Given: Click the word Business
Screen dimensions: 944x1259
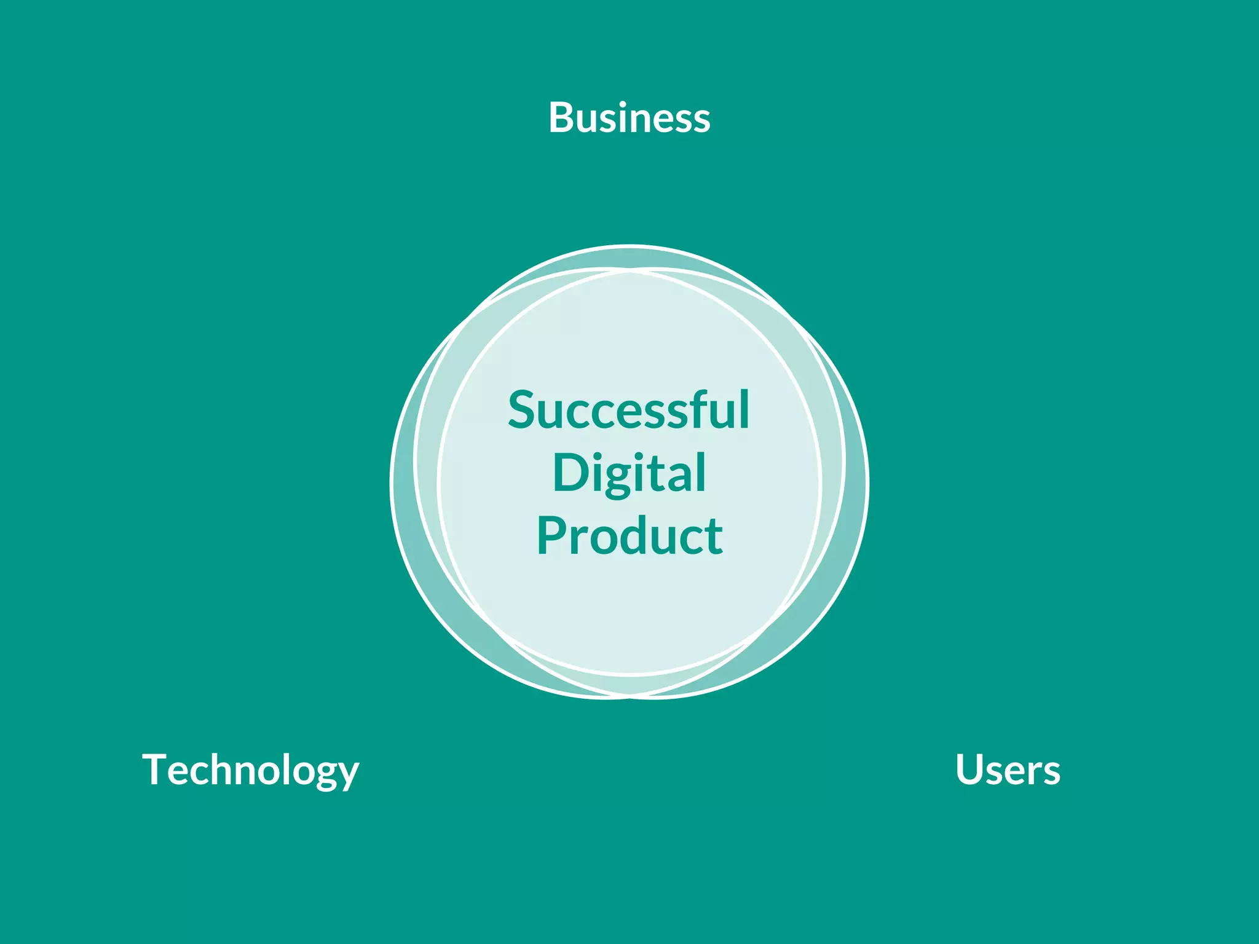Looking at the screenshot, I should [x=629, y=117].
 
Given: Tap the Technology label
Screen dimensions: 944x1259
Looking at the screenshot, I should [x=250, y=769].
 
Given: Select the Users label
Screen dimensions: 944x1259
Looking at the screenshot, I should [x=1008, y=769].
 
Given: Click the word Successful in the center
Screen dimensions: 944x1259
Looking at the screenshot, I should [x=628, y=410].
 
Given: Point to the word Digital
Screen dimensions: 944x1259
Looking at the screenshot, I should [x=629, y=473].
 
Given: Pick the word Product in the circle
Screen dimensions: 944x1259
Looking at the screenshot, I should [x=629, y=536].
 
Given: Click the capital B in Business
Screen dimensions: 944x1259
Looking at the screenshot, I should [x=562, y=117].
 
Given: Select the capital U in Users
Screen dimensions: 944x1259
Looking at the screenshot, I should [x=970, y=769].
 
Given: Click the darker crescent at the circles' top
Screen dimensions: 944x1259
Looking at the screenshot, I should [x=629, y=258].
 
